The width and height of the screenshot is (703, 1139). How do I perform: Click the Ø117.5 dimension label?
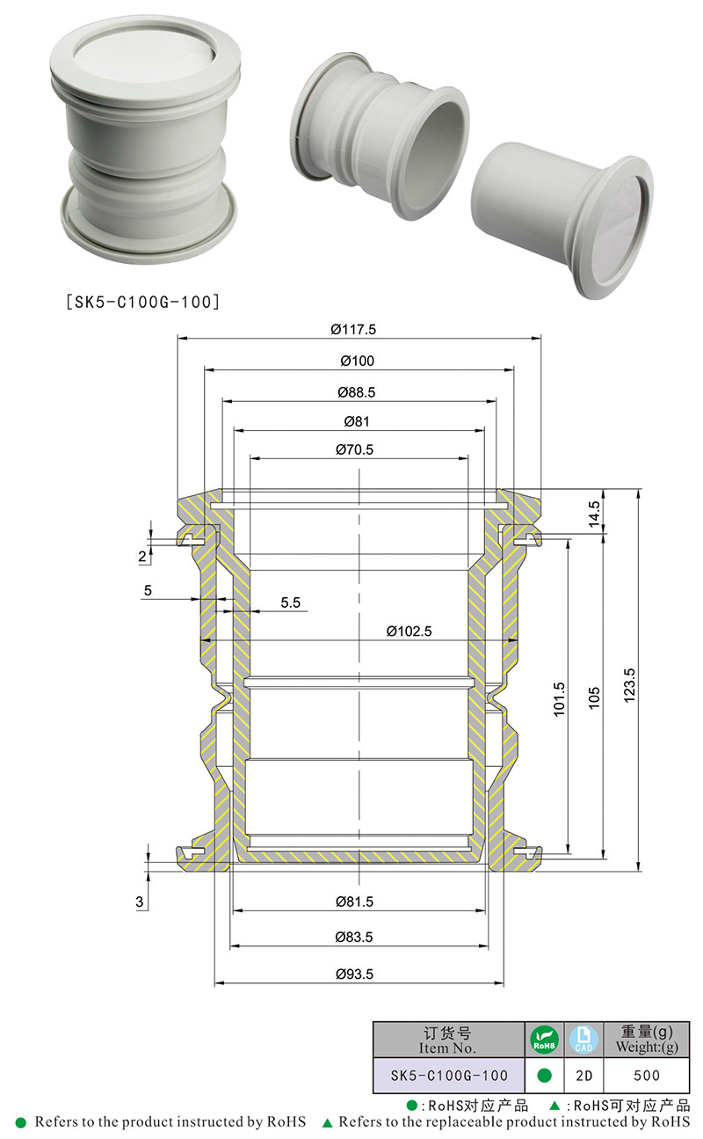pos(353,330)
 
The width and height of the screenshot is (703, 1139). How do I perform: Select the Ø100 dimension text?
pos(357,361)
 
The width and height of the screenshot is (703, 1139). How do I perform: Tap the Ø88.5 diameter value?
pos(356,392)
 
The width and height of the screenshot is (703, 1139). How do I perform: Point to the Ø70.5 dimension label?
pos(354,449)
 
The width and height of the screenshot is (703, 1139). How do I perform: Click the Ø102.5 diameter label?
pos(409,631)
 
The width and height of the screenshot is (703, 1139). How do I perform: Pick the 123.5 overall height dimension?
pos(629,685)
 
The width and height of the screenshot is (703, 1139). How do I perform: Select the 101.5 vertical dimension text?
pos(559,699)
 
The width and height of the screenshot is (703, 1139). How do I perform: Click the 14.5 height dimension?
pos(594,514)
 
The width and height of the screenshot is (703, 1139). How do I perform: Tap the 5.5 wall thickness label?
pos(291,602)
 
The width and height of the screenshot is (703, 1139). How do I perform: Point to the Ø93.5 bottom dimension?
pos(354,974)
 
